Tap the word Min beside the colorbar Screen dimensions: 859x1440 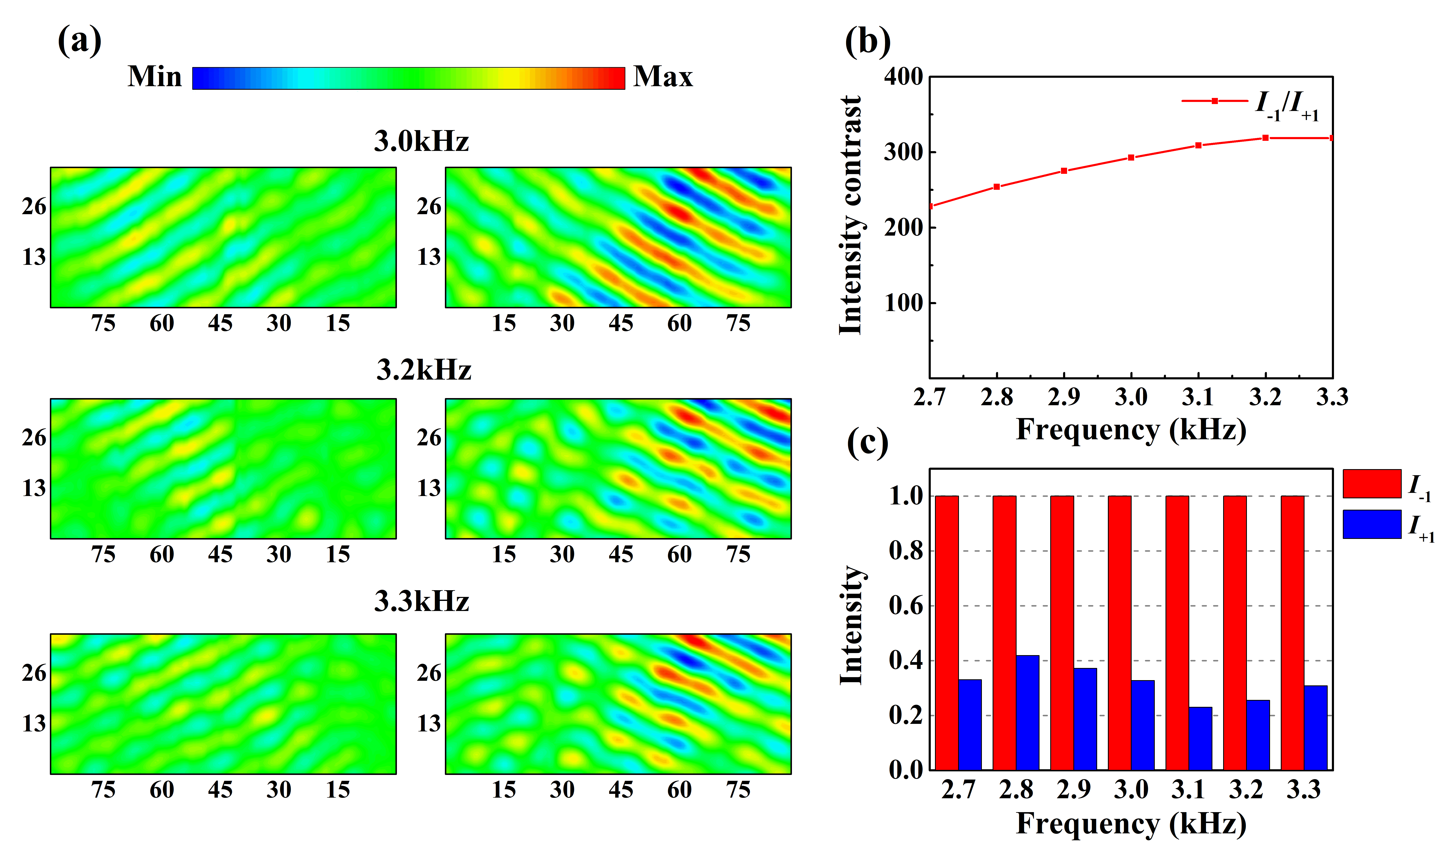pos(154,77)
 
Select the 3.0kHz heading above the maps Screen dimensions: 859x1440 pos(421,141)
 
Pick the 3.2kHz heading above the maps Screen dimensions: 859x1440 pos(423,371)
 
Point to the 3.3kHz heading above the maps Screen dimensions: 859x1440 pos(421,602)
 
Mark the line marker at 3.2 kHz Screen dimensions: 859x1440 pos(1266,138)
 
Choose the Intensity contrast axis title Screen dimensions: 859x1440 pos(850,215)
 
